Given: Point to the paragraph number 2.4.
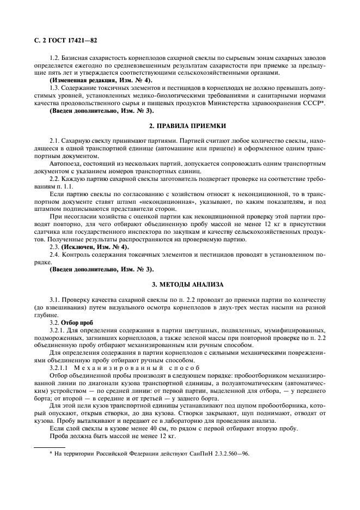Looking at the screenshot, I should tap(55, 254).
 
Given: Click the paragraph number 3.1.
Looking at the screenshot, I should tap(55, 300).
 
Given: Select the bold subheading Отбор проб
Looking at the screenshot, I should tap(77, 322).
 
